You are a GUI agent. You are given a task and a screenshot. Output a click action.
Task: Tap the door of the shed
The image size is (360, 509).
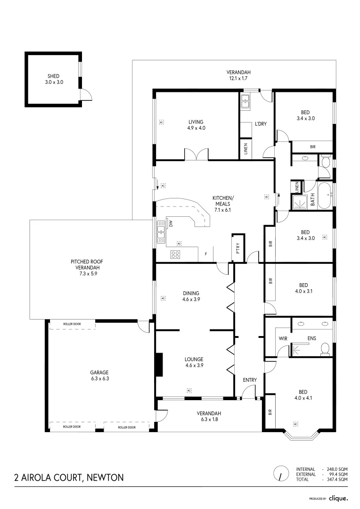coord(85,95)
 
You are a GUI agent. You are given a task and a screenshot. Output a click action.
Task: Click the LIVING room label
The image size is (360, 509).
coord(196,122)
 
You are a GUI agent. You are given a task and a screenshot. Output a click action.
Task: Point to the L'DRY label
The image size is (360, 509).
coord(261,124)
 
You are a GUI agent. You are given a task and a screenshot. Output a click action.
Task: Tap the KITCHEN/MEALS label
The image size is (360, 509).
coord(223,200)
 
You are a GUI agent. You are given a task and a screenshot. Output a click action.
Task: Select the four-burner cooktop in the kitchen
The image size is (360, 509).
coord(175,254)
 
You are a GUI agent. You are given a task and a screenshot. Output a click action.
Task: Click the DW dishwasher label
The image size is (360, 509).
coord(171,223)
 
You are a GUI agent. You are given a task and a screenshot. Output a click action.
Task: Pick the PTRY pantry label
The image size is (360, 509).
coord(238,247)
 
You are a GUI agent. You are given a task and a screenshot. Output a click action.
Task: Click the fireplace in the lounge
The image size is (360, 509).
coord(159,364)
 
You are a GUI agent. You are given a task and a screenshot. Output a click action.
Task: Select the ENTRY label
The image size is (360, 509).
coord(249,380)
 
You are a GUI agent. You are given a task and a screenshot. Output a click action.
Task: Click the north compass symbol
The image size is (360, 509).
coord(281,473)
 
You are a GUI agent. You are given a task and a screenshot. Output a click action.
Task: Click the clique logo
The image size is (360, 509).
coord(338,498)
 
